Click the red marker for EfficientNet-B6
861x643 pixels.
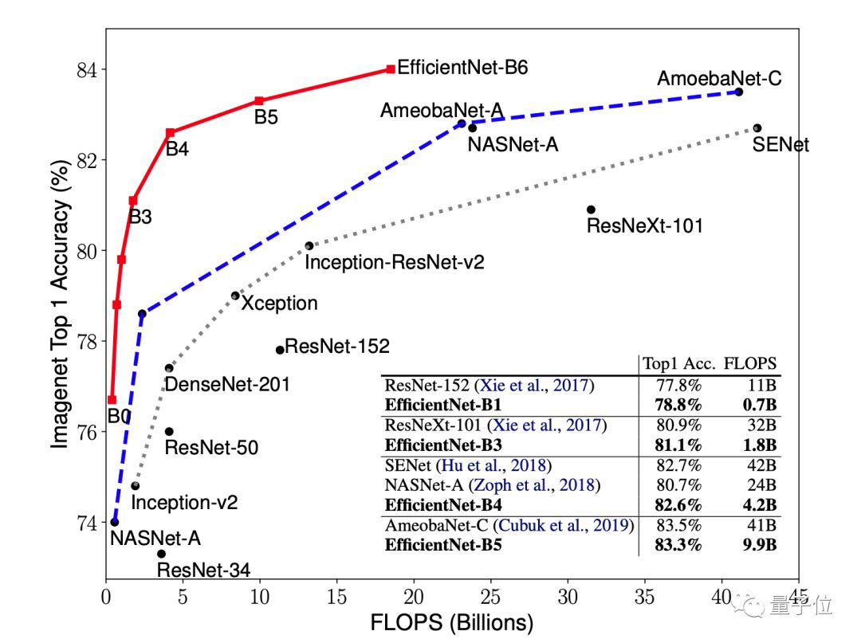[x=391, y=69]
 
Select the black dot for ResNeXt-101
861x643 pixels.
[x=591, y=210]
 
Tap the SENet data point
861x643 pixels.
[x=757, y=128]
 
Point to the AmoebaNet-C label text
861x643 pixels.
[x=718, y=79]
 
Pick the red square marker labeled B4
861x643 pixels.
[x=170, y=133]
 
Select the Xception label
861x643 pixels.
[x=279, y=304]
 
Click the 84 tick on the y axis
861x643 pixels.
[x=86, y=70]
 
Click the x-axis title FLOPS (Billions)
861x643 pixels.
[x=452, y=621]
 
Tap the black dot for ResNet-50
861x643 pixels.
[x=169, y=431]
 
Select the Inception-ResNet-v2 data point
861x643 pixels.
[x=309, y=246]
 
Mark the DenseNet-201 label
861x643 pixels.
[x=226, y=385]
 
